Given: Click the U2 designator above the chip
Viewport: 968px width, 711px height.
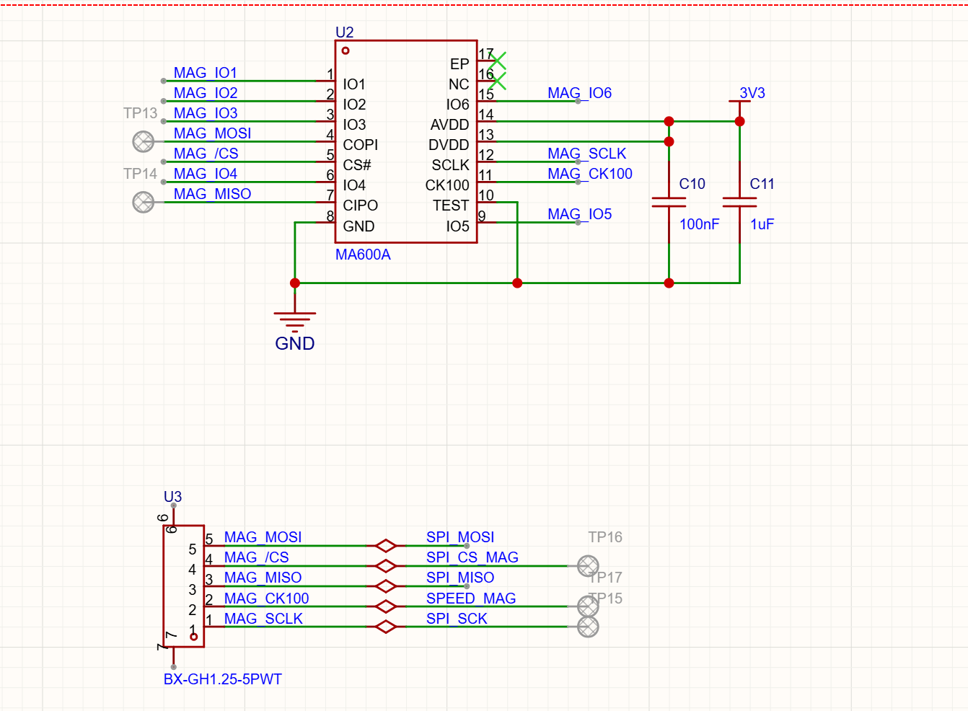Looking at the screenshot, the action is coord(344,32).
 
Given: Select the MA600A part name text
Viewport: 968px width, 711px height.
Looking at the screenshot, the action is coord(363,255).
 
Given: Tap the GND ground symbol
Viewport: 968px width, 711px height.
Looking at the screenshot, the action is coord(295,322).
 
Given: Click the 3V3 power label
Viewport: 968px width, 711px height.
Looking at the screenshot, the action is coord(752,93).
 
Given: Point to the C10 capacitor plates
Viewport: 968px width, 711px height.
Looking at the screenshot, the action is coord(669,202).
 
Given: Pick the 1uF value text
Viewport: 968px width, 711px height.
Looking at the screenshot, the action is coord(762,224).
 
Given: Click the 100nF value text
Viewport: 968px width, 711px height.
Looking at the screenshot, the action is coord(699,224).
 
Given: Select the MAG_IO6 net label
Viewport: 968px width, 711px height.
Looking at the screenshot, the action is coord(579,93).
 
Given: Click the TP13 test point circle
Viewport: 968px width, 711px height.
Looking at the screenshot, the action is coord(144,141).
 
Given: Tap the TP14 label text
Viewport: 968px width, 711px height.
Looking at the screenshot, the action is coord(140,174).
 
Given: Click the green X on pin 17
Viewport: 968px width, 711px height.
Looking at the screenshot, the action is coord(498,61).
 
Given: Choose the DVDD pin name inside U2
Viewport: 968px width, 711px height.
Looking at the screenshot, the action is coord(449,145).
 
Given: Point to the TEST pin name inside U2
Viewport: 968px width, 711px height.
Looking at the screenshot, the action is coord(451,206).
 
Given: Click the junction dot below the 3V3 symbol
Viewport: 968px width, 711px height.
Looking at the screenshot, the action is coord(740,121).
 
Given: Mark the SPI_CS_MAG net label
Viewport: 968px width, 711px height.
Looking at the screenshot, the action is coord(472,557).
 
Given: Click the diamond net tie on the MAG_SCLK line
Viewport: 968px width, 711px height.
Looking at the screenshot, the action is coord(386,627).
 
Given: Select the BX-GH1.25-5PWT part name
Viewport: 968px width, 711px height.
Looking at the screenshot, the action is coord(223,679).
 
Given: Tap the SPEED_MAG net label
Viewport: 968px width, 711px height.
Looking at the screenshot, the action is coord(471,599).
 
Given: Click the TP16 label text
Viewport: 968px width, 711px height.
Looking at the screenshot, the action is coord(605,537).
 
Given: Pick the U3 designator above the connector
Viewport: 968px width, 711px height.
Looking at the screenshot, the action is coord(173,497).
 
